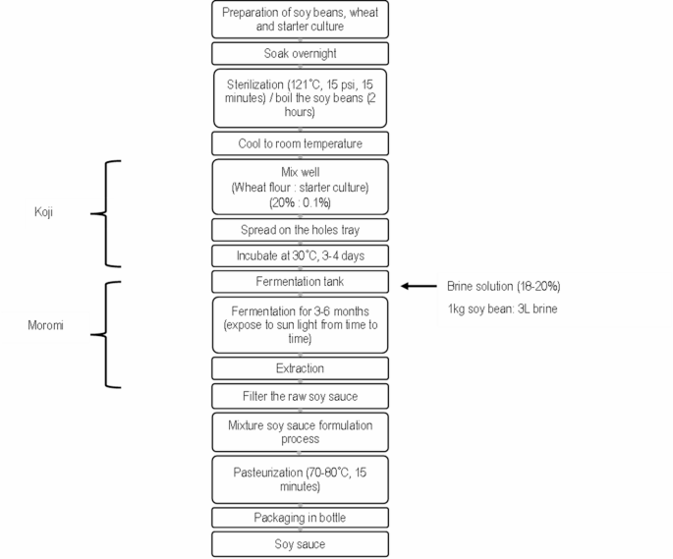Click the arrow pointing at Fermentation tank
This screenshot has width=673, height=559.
point(421,286)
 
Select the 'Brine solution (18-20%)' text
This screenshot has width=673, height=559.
point(504,286)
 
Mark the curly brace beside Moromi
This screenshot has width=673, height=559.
point(111,334)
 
